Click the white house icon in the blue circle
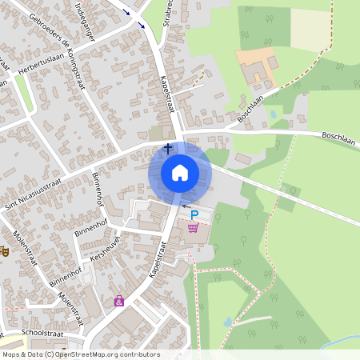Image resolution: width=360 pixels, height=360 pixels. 179,173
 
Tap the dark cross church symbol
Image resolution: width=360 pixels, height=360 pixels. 168,148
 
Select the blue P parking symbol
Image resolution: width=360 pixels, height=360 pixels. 194,214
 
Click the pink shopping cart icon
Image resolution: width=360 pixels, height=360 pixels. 193,228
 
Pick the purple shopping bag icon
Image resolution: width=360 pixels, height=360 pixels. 119,301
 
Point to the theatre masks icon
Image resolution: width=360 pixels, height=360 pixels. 3,250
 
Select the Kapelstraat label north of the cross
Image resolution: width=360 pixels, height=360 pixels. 167,94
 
